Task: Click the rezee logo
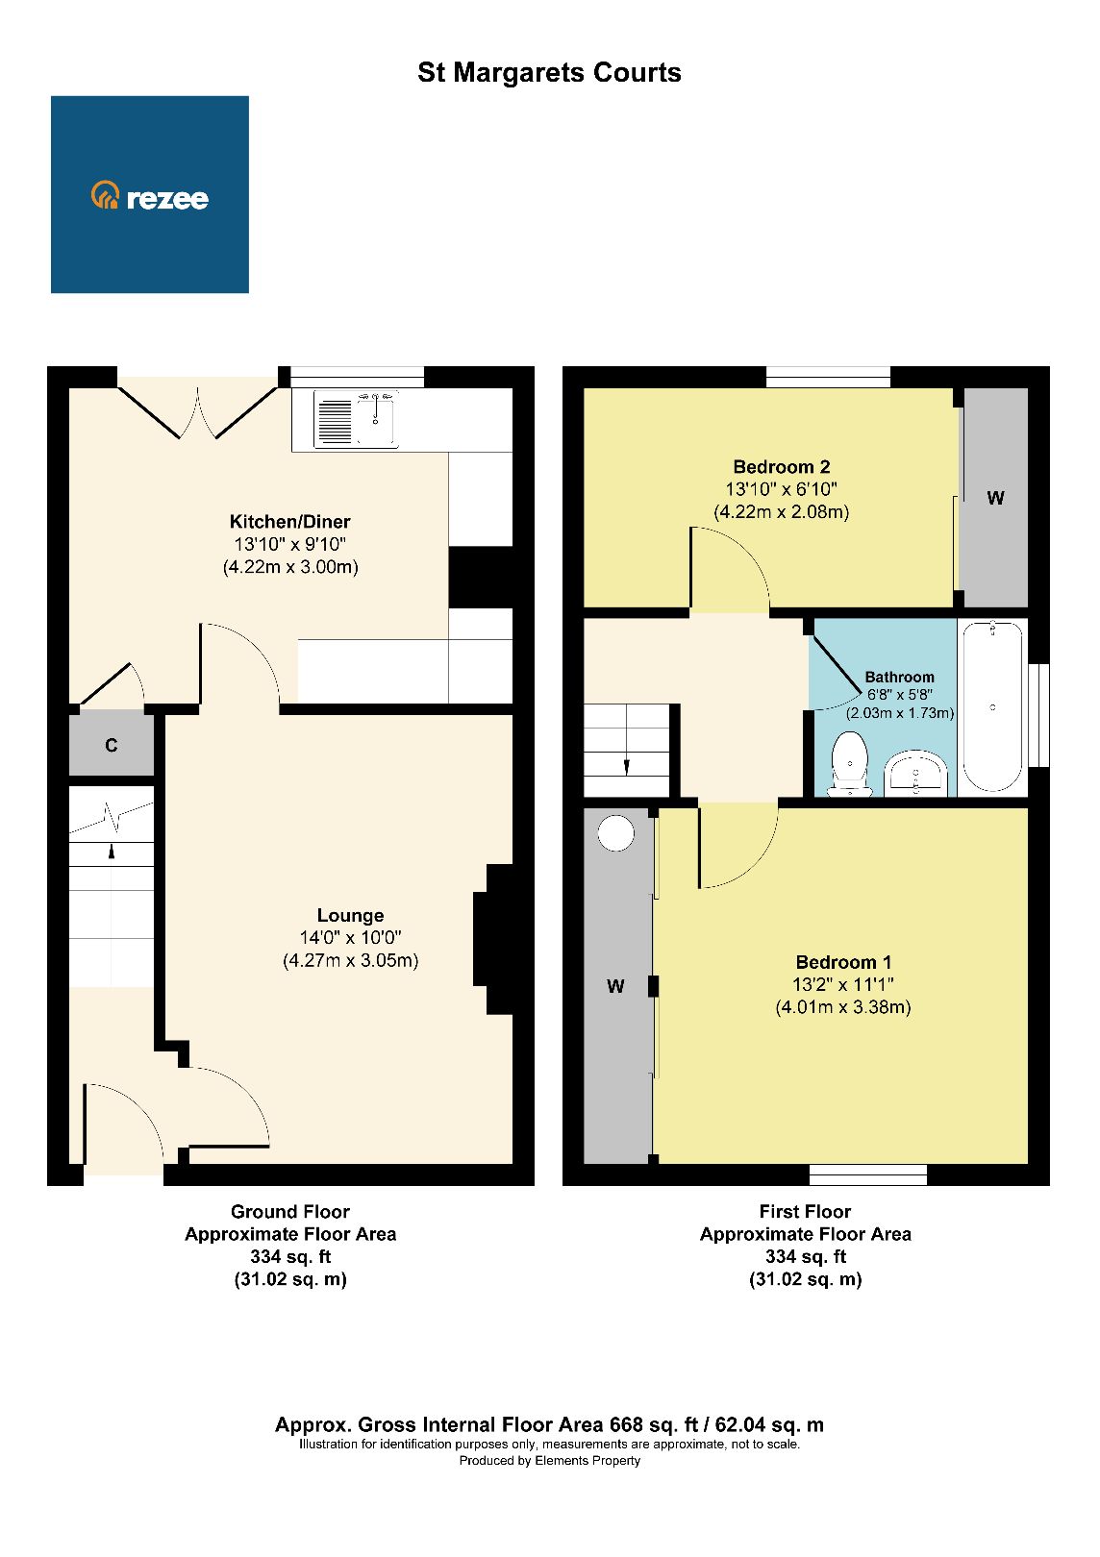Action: (x=150, y=196)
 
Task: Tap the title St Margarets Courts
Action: (x=549, y=73)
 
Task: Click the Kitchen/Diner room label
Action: (x=289, y=522)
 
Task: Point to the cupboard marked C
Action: (x=112, y=745)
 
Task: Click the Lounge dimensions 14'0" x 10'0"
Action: (x=350, y=937)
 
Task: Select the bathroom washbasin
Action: (x=916, y=775)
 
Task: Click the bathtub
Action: (x=991, y=706)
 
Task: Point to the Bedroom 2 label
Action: (x=781, y=467)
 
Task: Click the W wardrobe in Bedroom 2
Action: (x=995, y=498)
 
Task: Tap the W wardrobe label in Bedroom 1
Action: (x=615, y=986)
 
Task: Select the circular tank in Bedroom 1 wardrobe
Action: (x=616, y=832)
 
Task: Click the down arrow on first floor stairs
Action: (x=627, y=765)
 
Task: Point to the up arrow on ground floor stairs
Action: (x=112, y=851)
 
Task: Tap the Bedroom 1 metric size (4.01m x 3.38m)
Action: (x=842, y=1007)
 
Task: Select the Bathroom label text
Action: (x=899, y=677)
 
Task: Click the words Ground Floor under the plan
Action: (x=289, y=1211)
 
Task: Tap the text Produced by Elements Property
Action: (x=549, y=1461)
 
